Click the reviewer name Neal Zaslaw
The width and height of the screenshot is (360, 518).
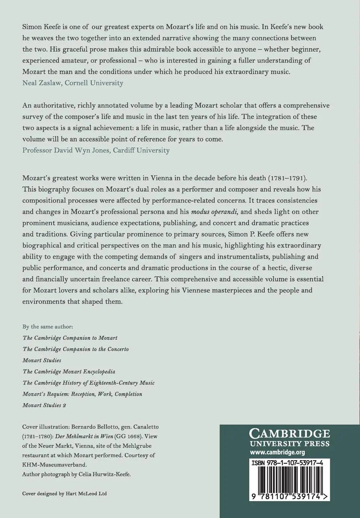(x=42, y=83)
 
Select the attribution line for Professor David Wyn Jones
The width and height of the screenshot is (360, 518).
(x=96, y=150)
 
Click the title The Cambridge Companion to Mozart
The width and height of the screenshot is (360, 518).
(x=70, y=338)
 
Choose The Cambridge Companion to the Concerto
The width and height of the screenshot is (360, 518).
(x=76, y=349)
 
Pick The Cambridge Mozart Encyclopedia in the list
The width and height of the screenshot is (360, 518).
(x=69, y=371)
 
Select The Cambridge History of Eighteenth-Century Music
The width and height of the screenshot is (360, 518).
(x=89, y=383)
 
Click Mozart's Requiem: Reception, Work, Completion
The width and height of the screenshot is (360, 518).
(x=82, y=394)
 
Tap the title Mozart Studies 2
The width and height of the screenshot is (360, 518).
(x=44, y=405)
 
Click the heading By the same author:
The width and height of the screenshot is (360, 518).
(x=48, y=326)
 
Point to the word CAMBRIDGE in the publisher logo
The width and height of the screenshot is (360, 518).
(x=289, y=433)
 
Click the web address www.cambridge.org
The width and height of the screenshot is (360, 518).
(x=277, y=452)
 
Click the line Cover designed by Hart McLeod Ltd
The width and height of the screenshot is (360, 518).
(x=65, y=494)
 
